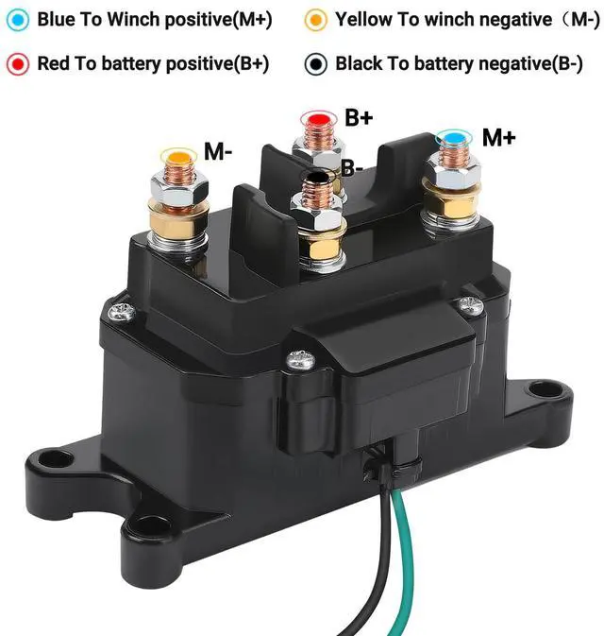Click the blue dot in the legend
click(18, 20)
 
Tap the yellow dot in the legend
click(317, 20)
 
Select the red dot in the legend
click(18, 64)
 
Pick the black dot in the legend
click(317, 64)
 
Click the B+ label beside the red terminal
click(359, 118)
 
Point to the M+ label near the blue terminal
click(498, 138)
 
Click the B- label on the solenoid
click(352, 170)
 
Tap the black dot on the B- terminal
click(320, 176)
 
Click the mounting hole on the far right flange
click(540, 388)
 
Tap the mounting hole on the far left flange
click(59, 460)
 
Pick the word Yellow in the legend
click(363, 20)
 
